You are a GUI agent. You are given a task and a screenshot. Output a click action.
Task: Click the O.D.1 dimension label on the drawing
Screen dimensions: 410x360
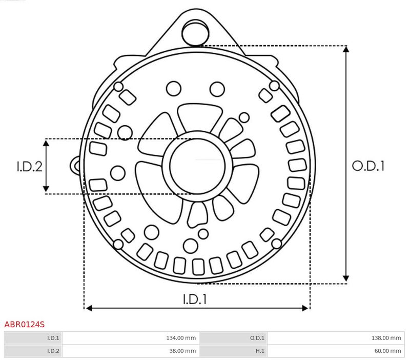pos(368,166)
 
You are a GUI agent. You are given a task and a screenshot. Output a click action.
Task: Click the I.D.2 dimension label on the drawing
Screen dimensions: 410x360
pos(29,166)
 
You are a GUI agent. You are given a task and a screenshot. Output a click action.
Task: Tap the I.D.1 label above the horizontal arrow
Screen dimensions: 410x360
pos(195,299)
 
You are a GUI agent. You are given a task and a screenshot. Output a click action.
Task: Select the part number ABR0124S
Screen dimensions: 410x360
pos(24,325)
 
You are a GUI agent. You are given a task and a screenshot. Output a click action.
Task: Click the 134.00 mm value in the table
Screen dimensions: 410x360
pos(181,338)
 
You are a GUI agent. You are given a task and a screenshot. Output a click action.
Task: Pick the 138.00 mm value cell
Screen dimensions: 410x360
pos(386,338)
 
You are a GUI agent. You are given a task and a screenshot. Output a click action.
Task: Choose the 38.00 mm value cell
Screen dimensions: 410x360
pos(182,351)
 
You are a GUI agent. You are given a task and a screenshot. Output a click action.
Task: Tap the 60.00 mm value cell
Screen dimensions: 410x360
pos(388,351)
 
